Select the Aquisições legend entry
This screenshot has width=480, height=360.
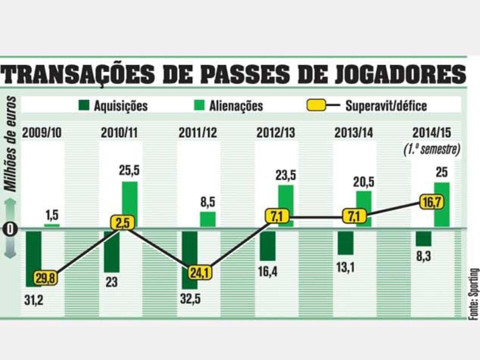pos(113,106)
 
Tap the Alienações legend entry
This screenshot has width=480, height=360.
pos(228,106)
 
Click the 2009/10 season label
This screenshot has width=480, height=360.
pos(43,133)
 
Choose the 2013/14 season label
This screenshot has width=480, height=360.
pos(354,133)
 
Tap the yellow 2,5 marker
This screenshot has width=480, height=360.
pos(123,222)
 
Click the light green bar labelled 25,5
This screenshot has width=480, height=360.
pos(130,204)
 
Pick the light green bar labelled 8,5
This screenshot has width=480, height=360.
pos(208,219)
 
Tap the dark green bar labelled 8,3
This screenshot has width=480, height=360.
pos(423,238)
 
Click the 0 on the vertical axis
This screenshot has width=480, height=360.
pos(11,229)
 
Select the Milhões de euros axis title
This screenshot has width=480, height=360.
pos(12,144)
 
